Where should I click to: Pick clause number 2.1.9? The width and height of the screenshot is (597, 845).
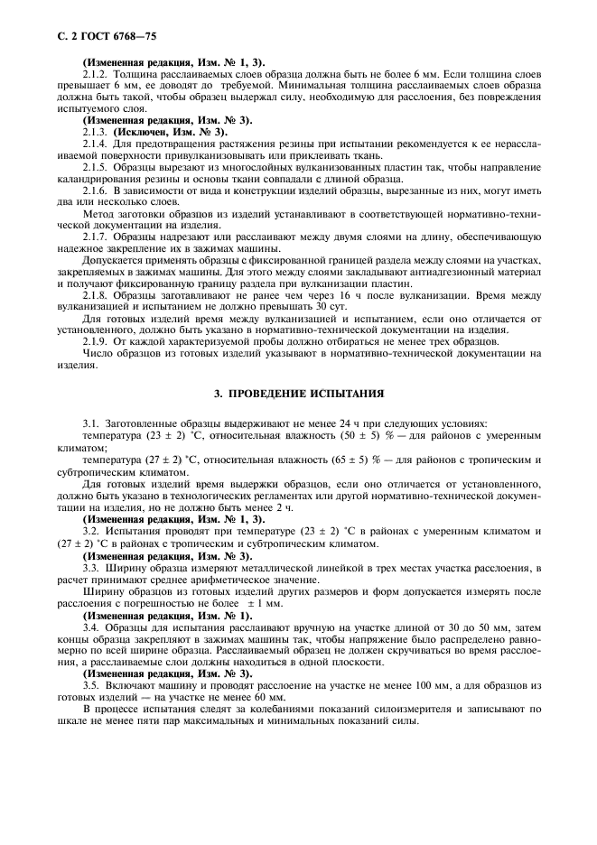point(96,341)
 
